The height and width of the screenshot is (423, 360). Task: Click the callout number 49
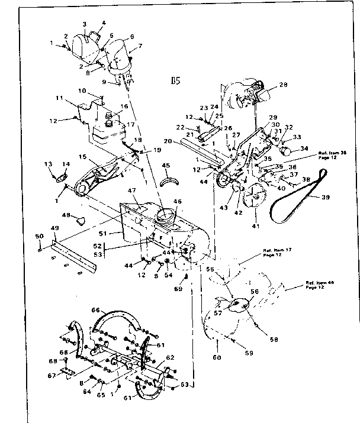54,228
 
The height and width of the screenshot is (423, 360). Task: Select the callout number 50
40,237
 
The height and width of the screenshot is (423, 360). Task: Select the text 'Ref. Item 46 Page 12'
319,285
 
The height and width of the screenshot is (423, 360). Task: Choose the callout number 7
140,46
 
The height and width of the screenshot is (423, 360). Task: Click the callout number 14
66,164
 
